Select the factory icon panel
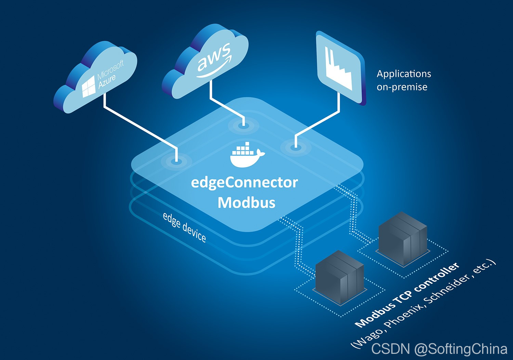pyautogui.click(x=340, y=68)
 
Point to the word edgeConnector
pyautogui.click(x=244, y=183)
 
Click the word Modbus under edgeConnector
pyautogui.click(x=247, y=203)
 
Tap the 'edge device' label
pyautogui.click(x=184, y=227)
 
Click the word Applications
pyautogui.click(x=404, y=74)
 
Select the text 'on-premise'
pyautogui.click(x=402, y=87)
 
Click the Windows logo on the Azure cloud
pyautogui.click(x=89, y=86)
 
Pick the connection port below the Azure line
pyautogui.click(x=176, y=160)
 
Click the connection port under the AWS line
pyautogui.click(x=244, y=125)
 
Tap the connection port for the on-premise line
pyautogui.click(x=295, y=147)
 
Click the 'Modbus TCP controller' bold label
pyautogui.click(x=407, y=295)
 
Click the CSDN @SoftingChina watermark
pyautogui.click(x=439, y=349)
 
